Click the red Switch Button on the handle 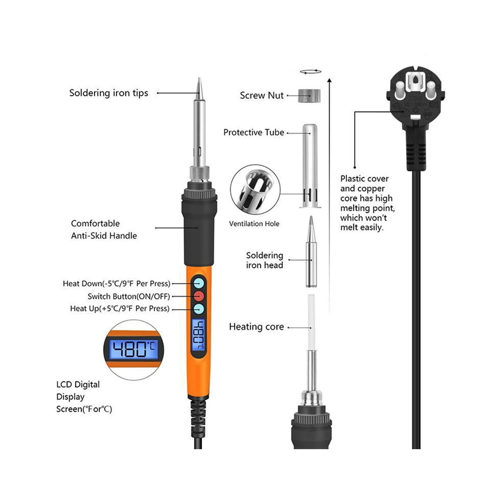click(x=198, y=296)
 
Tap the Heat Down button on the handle click(x=198, y=283)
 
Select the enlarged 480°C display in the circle click(x=134, y=350)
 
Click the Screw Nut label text click(x=261, y=96)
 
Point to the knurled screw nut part click(x=309, y=96)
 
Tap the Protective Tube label click(x=254, y=132)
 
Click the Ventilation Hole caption click(x=254, y=224)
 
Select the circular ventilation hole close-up click(x=255, y=190)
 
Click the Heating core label click(x=256, y=327)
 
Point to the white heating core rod click(x=311, y=322)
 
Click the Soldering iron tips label click(x=109, y=93)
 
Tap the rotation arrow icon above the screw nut click(x=310, y=72)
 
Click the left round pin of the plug click(x=400, y=91)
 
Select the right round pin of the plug click(x=431, y=91)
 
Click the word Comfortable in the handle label click(x=96, y=223)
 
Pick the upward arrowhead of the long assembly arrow click(x=329, y=80)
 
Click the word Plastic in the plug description click(x=352, y=179)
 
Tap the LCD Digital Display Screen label click(x=84, y=396)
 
